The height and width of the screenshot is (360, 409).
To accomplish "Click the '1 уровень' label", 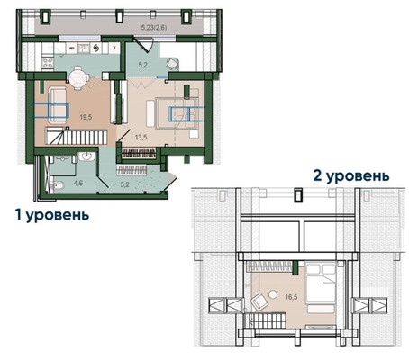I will (50, 217).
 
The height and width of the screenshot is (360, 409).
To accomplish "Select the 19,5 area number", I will (86, 116).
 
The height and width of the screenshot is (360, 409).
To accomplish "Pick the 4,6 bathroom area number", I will (78, 183).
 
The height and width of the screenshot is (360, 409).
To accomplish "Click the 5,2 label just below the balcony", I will (142, 65).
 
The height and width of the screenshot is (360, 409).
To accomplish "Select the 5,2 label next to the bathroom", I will (124, 184).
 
